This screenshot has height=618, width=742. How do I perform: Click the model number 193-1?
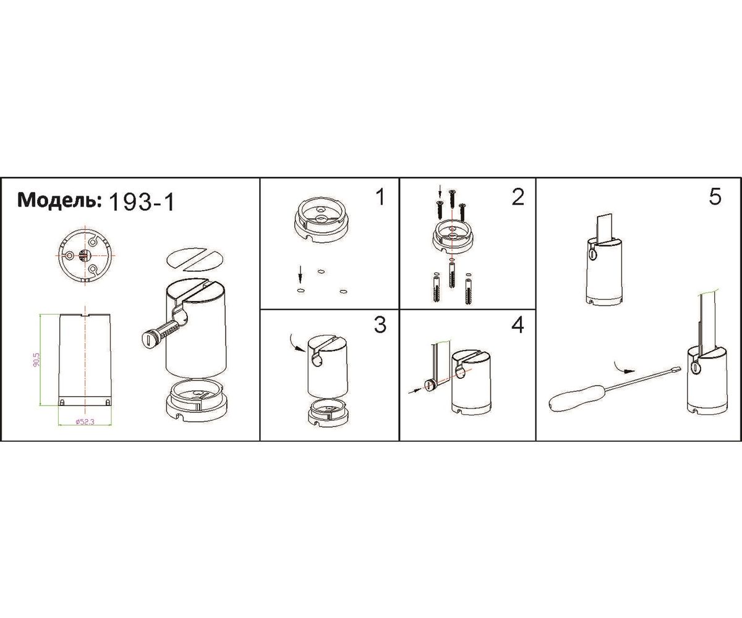point(141,203)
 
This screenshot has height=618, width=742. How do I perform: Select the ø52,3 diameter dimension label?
point(85,422)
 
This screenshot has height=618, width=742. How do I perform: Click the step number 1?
point(380,197)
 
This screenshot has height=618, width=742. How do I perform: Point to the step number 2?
point(518,197)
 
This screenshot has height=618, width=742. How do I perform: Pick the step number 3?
point(380,324)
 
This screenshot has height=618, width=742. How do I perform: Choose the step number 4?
point(518,324)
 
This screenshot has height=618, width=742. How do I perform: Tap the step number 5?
point(715,197)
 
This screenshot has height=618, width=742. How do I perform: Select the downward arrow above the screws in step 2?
point(440,191)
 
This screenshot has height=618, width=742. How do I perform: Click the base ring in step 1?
point(321,221)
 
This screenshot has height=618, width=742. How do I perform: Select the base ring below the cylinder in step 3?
point(329,413)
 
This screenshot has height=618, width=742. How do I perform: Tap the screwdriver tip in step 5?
point(676,370)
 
